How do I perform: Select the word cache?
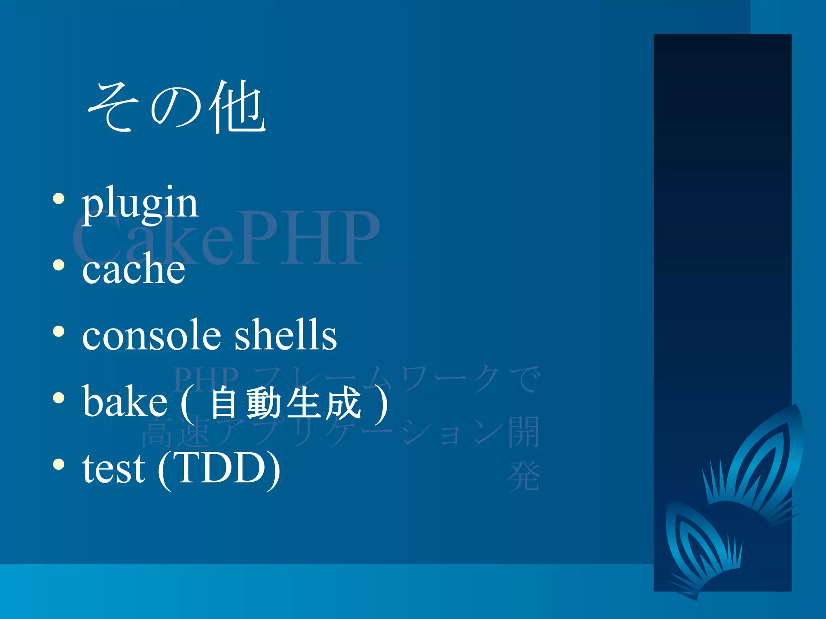pyautogui.click(x=133, y=269)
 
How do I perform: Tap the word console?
pyautogui.click(x=152, y=335)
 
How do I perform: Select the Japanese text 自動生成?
pyautogui.click(x=285, y=403)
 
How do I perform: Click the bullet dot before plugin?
pyautogui.click(x=59, y=199)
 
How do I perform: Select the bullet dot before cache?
pyautogui.click(x=59, y=265)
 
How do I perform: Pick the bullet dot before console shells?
pyautogui.click(x=59, y=331)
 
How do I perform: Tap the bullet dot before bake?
pyautogui.click(x=59, y=398)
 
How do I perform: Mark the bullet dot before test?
pyautogui.click(x=59, y=464)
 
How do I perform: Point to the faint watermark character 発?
pyautogui.click(x=524, y=477)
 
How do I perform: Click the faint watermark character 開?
pyautogui.click(x=524, y=432)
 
